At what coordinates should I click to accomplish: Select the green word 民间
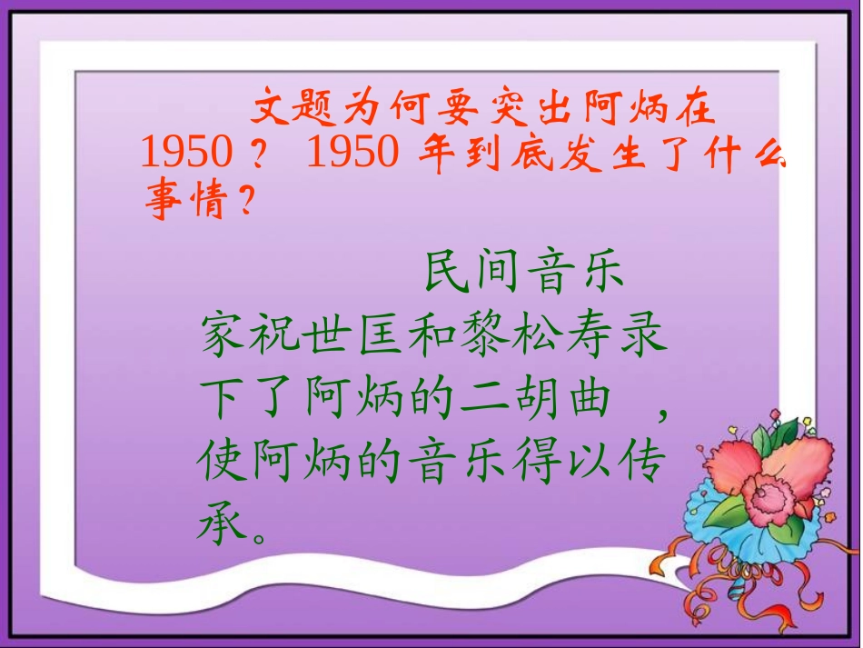click(472, 274)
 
